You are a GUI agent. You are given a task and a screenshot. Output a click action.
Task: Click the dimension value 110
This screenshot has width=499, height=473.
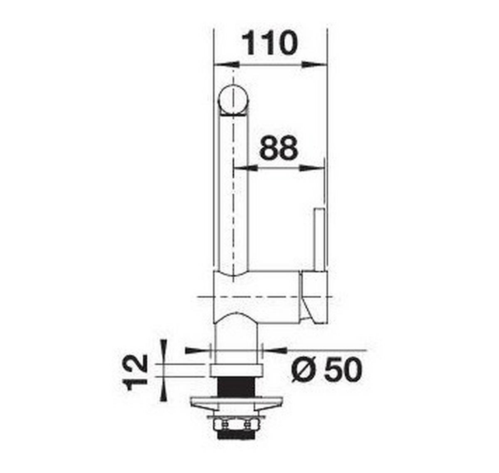pos(269,43)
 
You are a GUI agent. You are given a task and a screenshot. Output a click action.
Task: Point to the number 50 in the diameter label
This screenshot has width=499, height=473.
pos(342,370)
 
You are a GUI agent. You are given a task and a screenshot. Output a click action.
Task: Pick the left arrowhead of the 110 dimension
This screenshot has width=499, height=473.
pos(227,65)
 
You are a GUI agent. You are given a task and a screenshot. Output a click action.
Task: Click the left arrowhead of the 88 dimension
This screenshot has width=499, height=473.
pos(245,168)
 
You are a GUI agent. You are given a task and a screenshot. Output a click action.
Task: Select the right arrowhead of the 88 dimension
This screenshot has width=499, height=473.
pos(311,168)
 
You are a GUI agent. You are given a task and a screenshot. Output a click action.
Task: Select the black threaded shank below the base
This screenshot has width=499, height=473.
pos(236,388)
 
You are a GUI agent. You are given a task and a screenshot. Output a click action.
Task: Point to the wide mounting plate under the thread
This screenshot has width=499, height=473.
pos(236,403)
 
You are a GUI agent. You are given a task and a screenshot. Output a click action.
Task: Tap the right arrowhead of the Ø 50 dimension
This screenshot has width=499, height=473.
pos(276,350)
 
